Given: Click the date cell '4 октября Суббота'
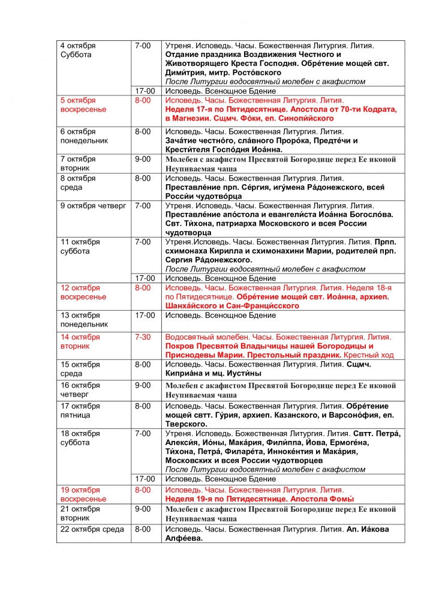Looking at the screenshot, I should tap(78, 50).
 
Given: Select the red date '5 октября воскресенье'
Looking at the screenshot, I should tap(83, 104).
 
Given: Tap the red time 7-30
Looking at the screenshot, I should tap(143, 337).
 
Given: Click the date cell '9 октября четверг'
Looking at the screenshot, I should tap(92, 206).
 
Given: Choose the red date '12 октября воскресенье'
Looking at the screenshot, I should tap(83, 292).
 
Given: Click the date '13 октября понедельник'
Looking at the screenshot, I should tap(84, 319).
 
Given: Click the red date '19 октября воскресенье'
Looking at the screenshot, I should tap(83, 494).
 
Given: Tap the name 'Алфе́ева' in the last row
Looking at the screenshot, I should tap(184, 538).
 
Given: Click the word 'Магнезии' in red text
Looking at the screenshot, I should tap(193, 118).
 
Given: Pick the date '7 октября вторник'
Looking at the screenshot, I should tap(78, 164).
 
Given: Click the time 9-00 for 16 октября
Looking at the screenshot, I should tap(143, 385).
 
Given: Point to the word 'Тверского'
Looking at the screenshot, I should tap(187, 424).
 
